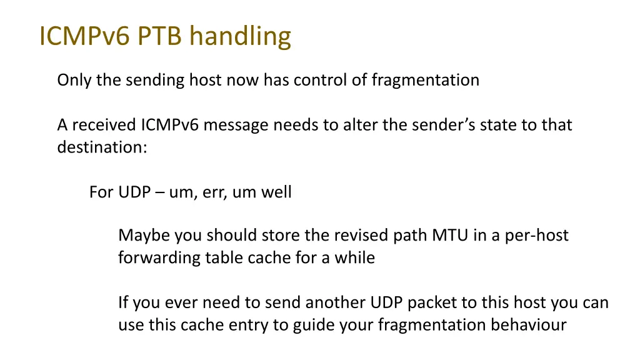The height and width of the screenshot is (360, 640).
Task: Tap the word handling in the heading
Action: (x=241, y=37)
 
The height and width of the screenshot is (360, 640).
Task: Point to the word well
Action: (x=277, y=192)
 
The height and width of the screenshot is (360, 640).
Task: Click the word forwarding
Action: (x=159, y=257)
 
